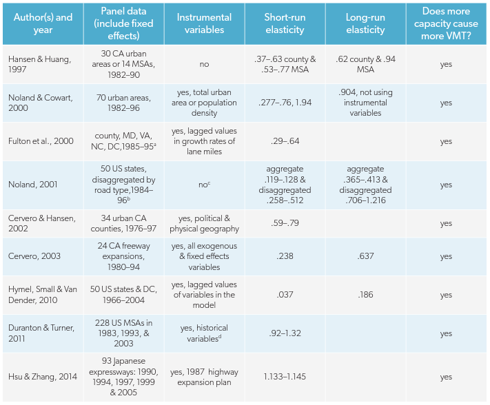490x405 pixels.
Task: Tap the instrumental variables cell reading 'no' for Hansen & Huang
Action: tap(204, 64)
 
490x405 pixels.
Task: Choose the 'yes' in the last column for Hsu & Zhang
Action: tap(446, 377)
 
